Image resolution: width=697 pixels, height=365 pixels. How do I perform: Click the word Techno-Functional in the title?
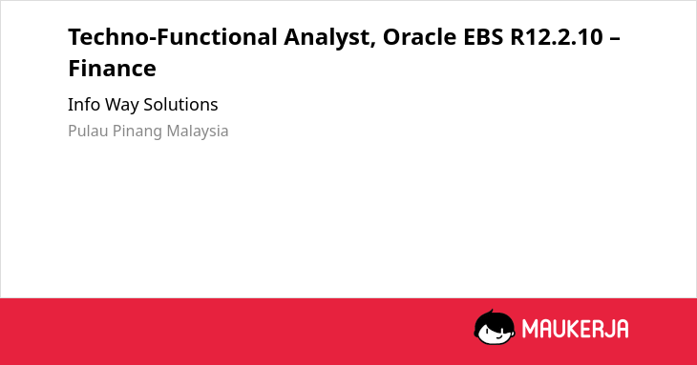pos(173,37)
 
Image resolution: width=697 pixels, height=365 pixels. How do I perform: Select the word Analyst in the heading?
pos(327,38)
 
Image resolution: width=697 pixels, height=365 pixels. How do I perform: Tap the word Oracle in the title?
pos(419,37)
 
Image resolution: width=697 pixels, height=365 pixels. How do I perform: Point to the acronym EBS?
pos(483,37)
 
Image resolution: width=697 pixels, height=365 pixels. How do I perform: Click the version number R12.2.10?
pos(557,37)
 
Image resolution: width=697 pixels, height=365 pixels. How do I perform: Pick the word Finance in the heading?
pos(112,69)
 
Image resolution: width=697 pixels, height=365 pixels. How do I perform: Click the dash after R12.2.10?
pos(615,38)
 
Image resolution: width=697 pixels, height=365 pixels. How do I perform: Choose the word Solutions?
pos(180,105)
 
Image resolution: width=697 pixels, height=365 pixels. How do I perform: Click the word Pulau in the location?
pos(88,131)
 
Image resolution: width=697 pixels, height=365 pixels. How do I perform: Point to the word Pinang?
pos(137,132)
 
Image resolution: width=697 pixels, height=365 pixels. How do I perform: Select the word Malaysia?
pos(198,132)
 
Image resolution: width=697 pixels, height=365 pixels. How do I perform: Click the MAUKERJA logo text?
pos(575,329)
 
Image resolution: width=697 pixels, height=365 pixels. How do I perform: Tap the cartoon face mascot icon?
pos(495,327)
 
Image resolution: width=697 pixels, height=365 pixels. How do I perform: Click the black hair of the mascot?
pos(494,318)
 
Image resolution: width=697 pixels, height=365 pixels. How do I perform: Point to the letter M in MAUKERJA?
pos(529,329)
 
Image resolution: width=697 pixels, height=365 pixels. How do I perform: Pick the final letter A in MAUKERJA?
pos(622,329)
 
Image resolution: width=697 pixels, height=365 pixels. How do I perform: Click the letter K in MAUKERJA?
pos(574,329)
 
